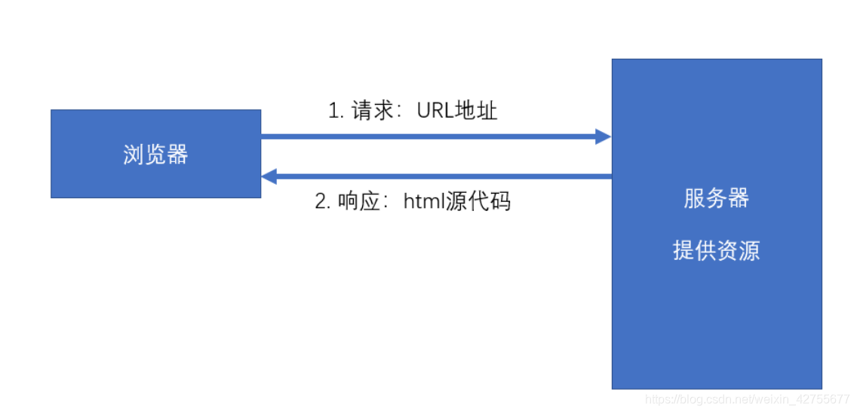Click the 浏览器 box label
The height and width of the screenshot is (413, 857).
pos(155,154)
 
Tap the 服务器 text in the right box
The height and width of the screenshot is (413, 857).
pos(716,198)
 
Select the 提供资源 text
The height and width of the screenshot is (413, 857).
pos(716,250)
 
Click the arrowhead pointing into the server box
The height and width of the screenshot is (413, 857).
pos(603,136)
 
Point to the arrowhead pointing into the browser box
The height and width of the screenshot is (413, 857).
pos(269,176)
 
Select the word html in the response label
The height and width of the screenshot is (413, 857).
pos(425,202)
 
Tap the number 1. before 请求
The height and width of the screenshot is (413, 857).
pos(336,112)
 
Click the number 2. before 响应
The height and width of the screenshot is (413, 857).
pos(323,202)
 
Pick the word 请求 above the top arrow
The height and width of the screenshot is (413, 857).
pos(373,112)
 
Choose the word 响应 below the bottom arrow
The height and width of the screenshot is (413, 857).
pos(358,202)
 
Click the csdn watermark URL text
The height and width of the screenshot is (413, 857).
pos(748,399)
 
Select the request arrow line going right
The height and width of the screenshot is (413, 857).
pos(430,136)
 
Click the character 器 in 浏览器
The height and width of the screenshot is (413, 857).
pos(177,154)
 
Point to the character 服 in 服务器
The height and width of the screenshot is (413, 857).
pos(694,198)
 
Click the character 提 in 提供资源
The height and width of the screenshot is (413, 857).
pos(683,250)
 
